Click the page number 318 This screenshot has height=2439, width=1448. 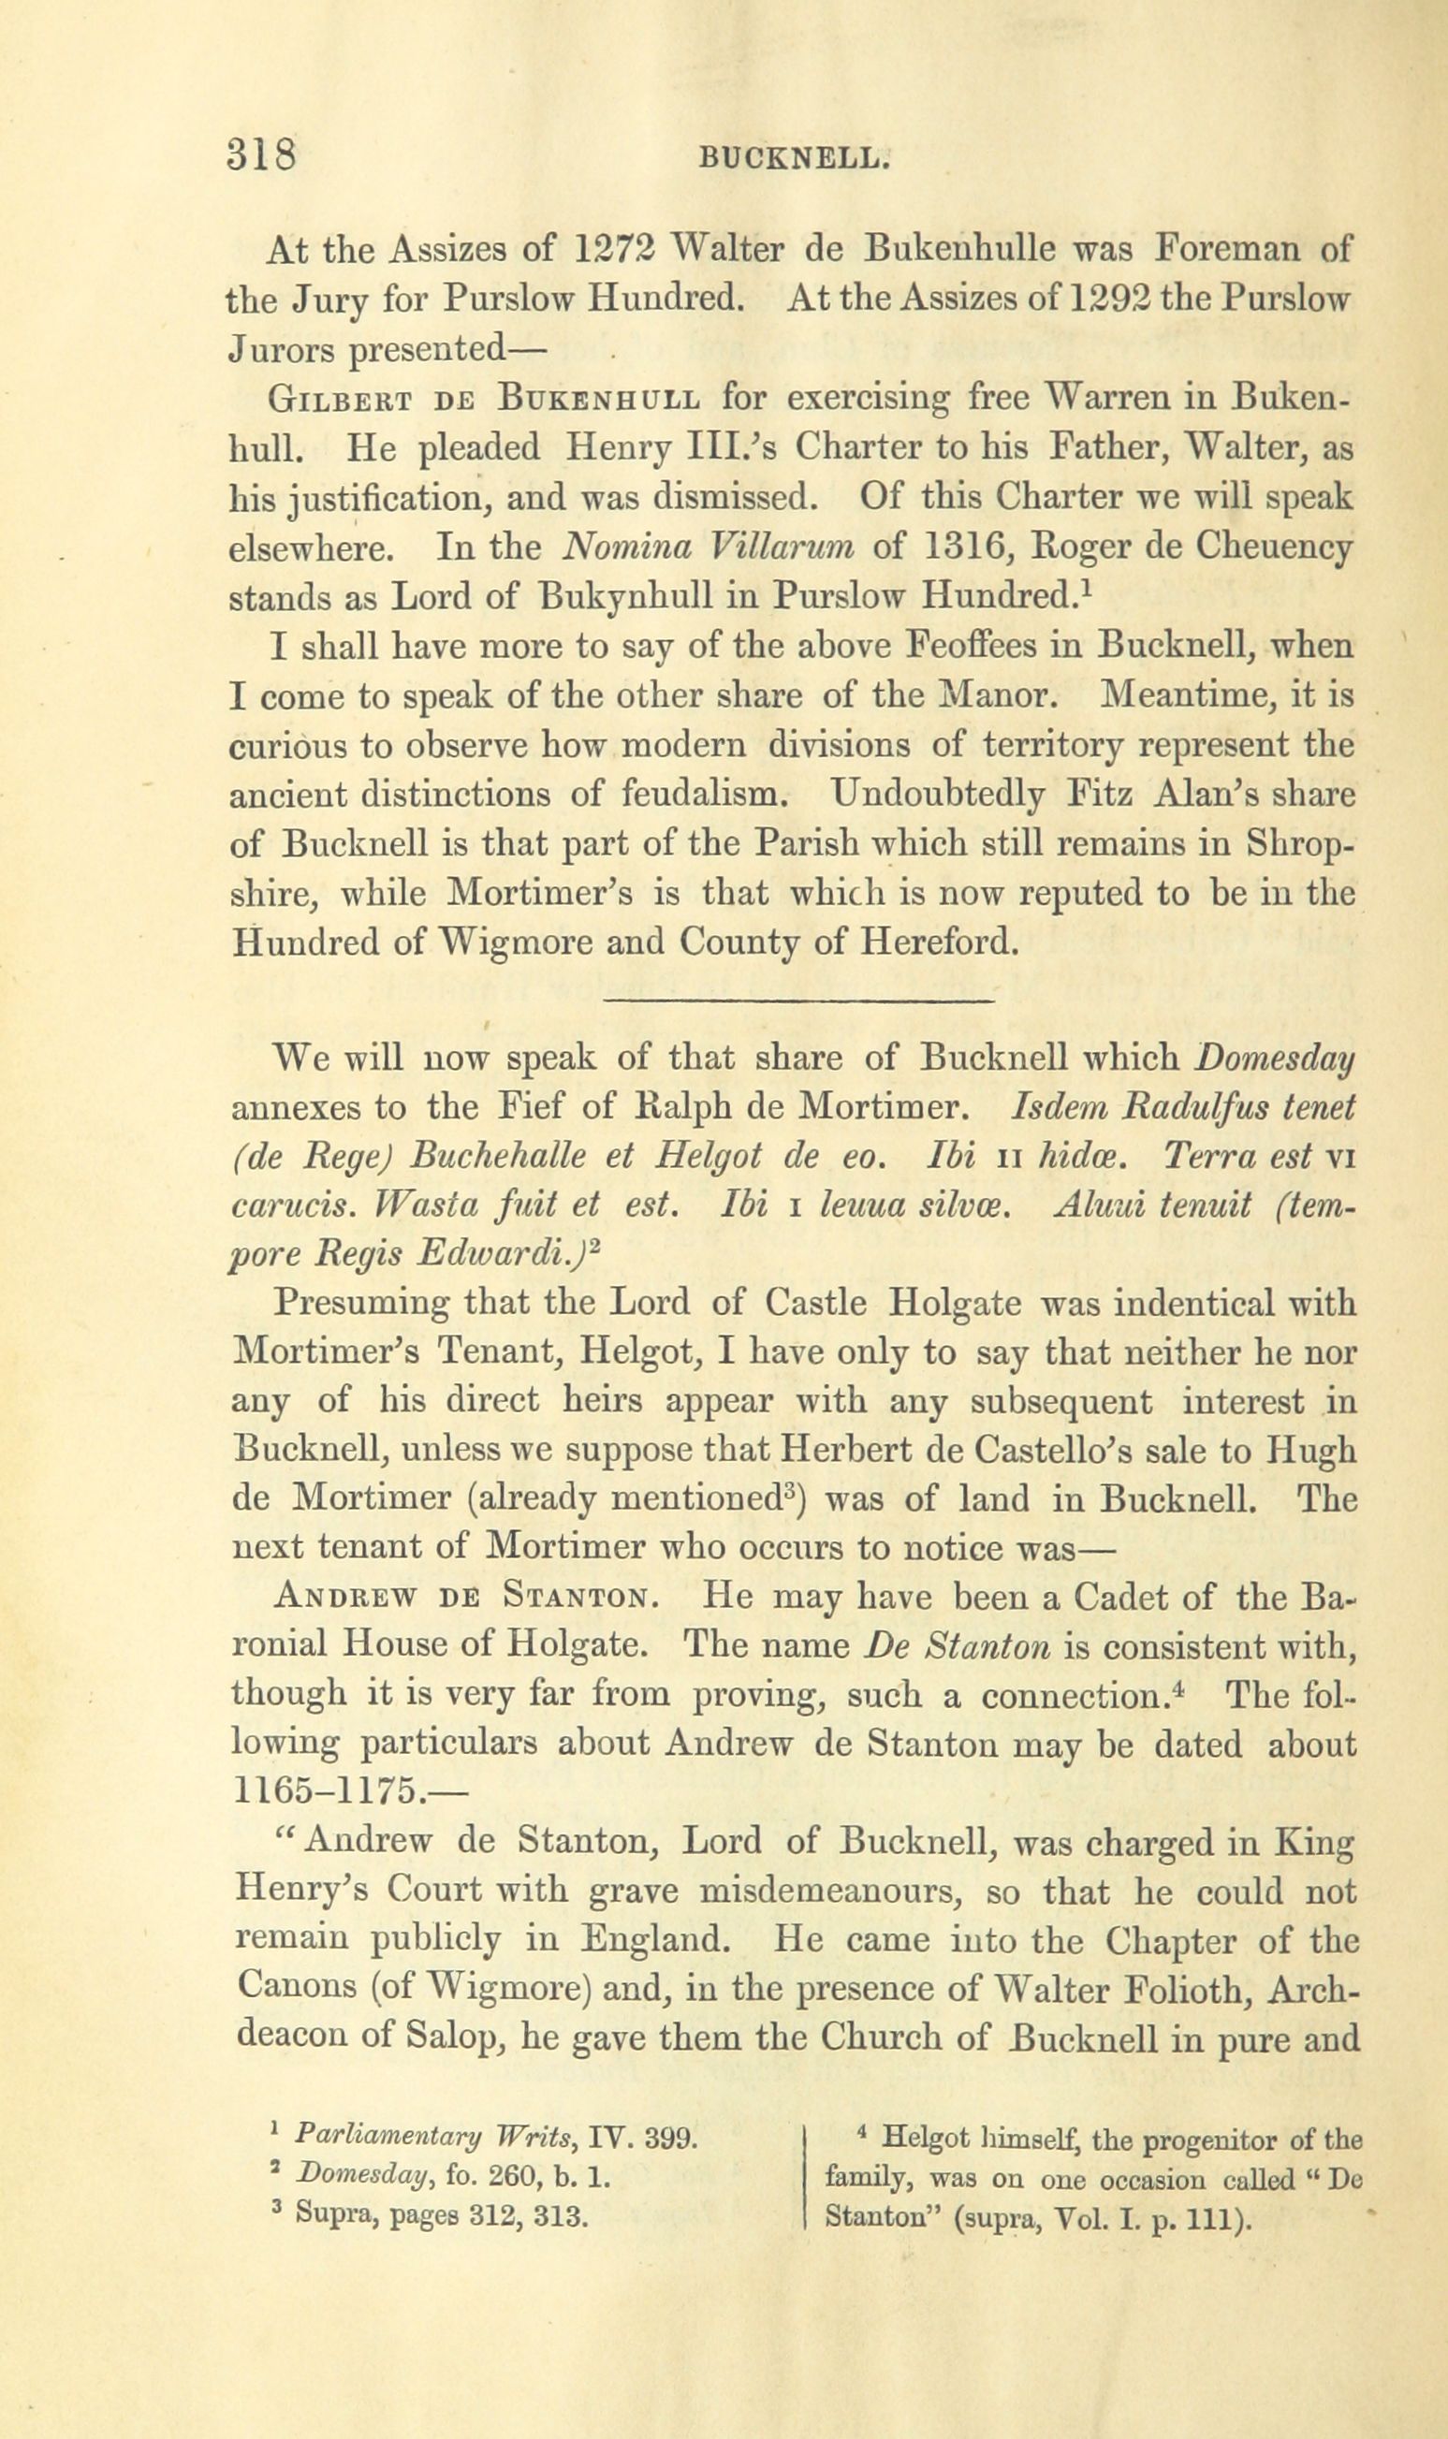tap(260, 154)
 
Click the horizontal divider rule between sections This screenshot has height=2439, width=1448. tap(798, 1002)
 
